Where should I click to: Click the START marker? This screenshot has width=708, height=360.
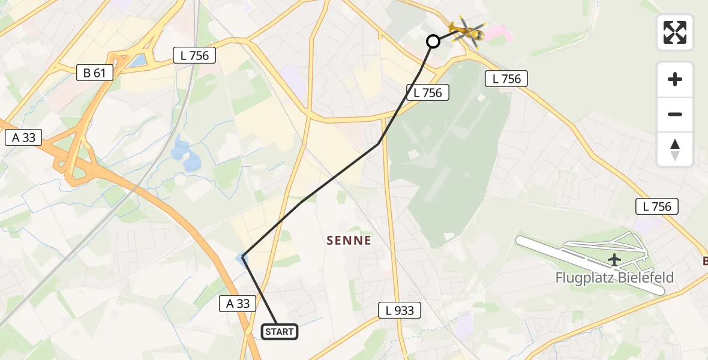coord(280,331)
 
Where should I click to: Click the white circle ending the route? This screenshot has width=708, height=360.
coord(433,41)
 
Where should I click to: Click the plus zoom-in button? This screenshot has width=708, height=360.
coord(675,79)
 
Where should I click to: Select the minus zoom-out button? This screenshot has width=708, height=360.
coord(675,114)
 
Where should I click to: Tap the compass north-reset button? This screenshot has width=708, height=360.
coord(675,149)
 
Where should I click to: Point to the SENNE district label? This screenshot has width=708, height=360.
coord(349,241)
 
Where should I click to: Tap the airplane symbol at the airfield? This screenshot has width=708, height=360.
coord(614,260)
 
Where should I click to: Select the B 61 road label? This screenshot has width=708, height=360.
coord(95,73)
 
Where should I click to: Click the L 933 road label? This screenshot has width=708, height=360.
coord(400,310)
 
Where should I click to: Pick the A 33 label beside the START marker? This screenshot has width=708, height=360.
coord(238,304)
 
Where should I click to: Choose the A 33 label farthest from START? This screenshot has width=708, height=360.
coord(24,137)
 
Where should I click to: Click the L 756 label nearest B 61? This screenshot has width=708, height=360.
coord(194,56)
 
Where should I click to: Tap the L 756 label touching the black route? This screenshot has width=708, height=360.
coord(428,92)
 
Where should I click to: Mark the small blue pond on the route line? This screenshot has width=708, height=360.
coord(242,259)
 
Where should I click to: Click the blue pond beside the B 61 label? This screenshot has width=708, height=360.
coord(137,61)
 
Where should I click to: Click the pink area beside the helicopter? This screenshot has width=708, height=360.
coord(497,34)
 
